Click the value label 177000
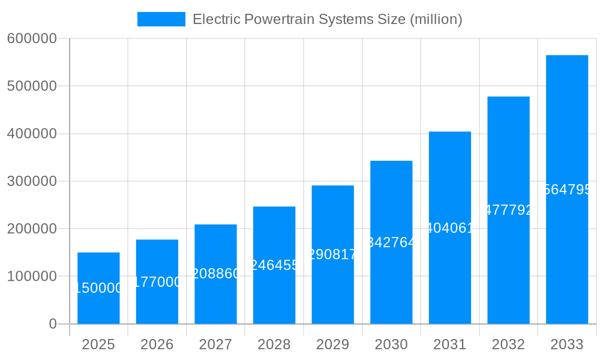157,282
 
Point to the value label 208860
215,274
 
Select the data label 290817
332,254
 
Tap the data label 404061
449,228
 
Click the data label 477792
508,210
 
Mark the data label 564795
566,190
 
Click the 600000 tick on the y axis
32,38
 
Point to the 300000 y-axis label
32,181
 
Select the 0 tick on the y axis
52,324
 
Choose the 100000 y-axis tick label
32,277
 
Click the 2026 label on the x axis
157,344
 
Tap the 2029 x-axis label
332,344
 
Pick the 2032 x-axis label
508,344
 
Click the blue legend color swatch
161,19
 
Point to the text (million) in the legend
436,19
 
